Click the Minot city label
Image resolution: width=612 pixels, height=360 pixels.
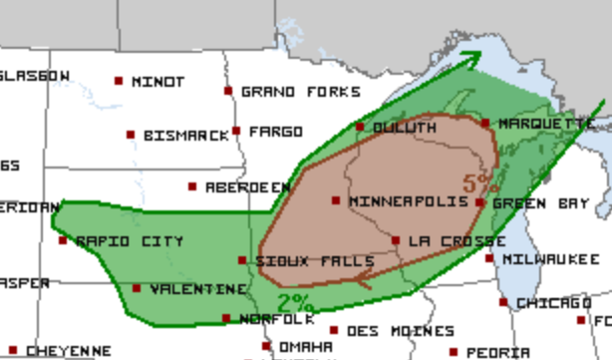pos(157,82)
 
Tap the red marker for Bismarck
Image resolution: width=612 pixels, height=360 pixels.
pos(131,135)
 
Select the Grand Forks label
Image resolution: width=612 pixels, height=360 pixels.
pos(301,92)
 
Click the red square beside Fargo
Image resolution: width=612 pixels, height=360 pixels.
pos(236,131)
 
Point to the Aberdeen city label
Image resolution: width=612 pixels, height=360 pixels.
pos(248,187)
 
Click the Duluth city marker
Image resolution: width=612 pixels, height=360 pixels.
pos(360,127)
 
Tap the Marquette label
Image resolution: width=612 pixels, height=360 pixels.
pos(546,124)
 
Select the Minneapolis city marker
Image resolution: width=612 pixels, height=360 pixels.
pos(336,200)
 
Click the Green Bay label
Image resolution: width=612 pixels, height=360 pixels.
pos(540,203)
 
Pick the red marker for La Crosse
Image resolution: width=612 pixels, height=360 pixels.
pos(396,240)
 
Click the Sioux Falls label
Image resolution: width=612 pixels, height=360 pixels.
pos(300,261)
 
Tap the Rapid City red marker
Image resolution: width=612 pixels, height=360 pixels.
pos(63,240)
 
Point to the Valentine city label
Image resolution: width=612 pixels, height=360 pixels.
pos(198,289)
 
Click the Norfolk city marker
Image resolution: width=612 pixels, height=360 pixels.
pos(226,319)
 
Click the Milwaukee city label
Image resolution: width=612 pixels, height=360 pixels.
pos(550,258)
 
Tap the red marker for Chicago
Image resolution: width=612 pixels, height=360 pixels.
pos(503,302)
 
